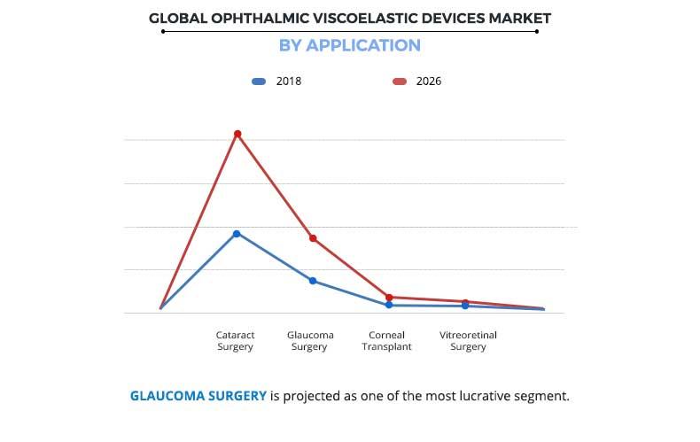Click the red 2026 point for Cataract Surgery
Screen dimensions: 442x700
coord(237,134)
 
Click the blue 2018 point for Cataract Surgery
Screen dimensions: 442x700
coord(237,233)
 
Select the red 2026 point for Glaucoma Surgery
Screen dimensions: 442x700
coord(313,238)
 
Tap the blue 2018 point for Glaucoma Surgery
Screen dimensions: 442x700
coord(313,281)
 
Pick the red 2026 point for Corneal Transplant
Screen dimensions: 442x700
coord(389,298)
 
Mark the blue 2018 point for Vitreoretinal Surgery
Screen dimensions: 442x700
coord(465,306)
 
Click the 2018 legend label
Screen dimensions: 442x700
coord(288,81)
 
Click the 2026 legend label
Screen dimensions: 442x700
coord(428,81)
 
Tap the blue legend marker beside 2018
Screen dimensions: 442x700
coord(259,81)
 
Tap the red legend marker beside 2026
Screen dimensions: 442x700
coord(400,81)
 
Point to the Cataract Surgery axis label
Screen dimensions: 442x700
coord(236,341)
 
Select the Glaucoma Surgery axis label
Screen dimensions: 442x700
coord(310,341)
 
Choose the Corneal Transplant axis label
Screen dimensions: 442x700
coord(386,341)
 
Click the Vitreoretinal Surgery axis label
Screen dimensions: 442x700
coord(468,341)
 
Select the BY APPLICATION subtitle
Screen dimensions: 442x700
coord(349,45)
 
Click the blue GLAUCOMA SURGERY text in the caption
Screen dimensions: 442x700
coord(198,396)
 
